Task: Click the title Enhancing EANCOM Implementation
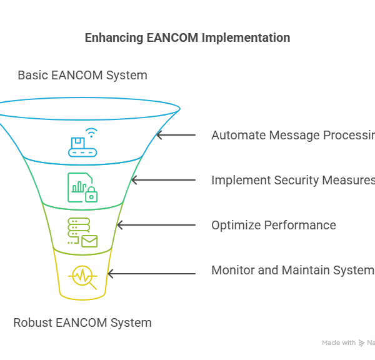[x=187, y=38]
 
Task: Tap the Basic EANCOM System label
[x=82, y=76]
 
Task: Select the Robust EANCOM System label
[x=82, y=323]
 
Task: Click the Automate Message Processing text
[x=292, y=135]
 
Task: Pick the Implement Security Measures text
[x=292, y=180]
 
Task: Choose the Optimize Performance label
[x=274, y=225]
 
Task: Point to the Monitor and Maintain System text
[x=292, y=270]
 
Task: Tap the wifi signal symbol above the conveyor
[x=91, y=132]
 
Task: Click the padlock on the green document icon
[x=92, y=195]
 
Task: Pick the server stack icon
[x=75, y=228]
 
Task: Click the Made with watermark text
[x=338, y=343]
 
